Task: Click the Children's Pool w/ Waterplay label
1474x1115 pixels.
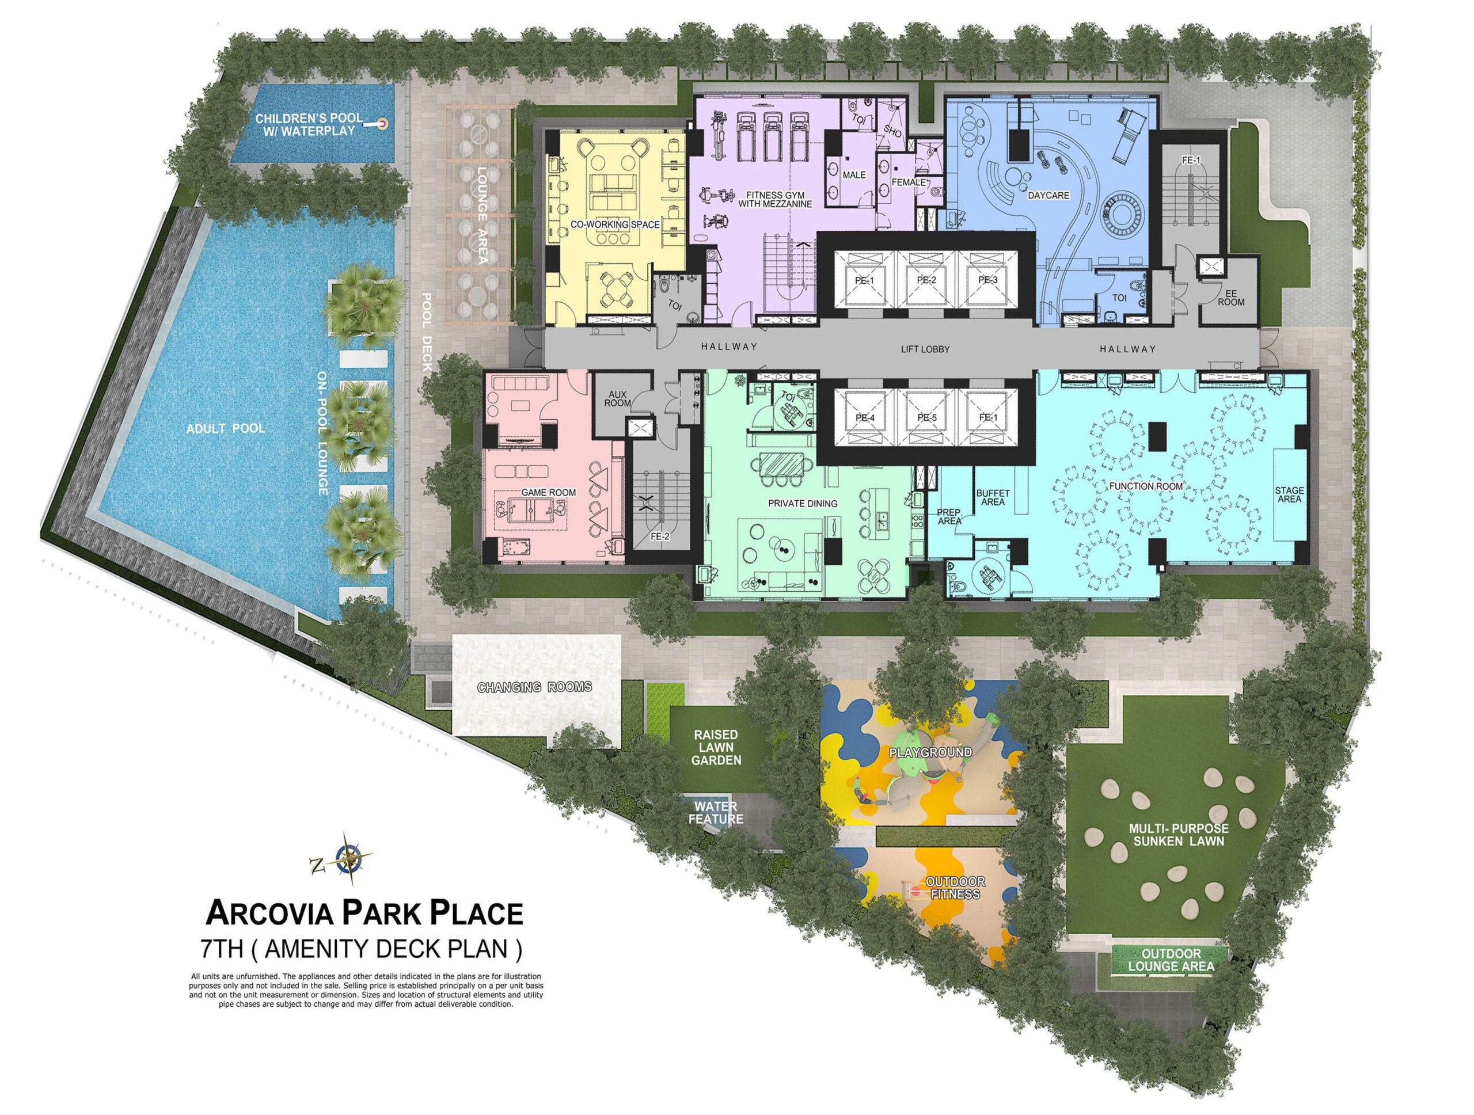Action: [x=310, y=124]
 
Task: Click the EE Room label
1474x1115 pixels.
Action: [x=1231, y=297]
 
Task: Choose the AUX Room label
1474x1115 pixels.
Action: [x=618, y=399]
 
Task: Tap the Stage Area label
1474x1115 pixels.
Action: [x=1289, y=495]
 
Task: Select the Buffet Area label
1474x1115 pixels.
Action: [x=992, y=497]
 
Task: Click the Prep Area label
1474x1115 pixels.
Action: [x=949, y=517]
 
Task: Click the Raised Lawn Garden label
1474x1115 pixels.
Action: [x=716, y=747]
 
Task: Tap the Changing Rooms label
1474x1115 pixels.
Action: [x=534, y=687]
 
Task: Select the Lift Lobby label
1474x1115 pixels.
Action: [x=925, y=349]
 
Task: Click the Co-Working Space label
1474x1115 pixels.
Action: [x=614, y=224]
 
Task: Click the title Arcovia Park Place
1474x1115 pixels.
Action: [x=364, y=913]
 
